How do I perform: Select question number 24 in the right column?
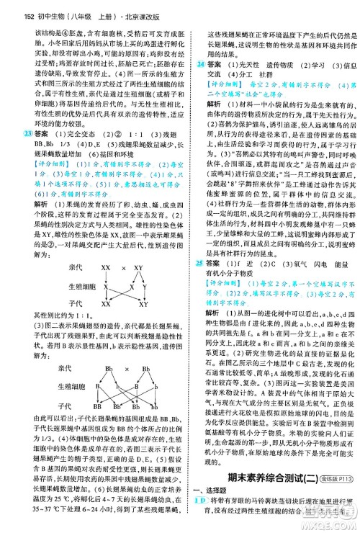coord(200,65)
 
